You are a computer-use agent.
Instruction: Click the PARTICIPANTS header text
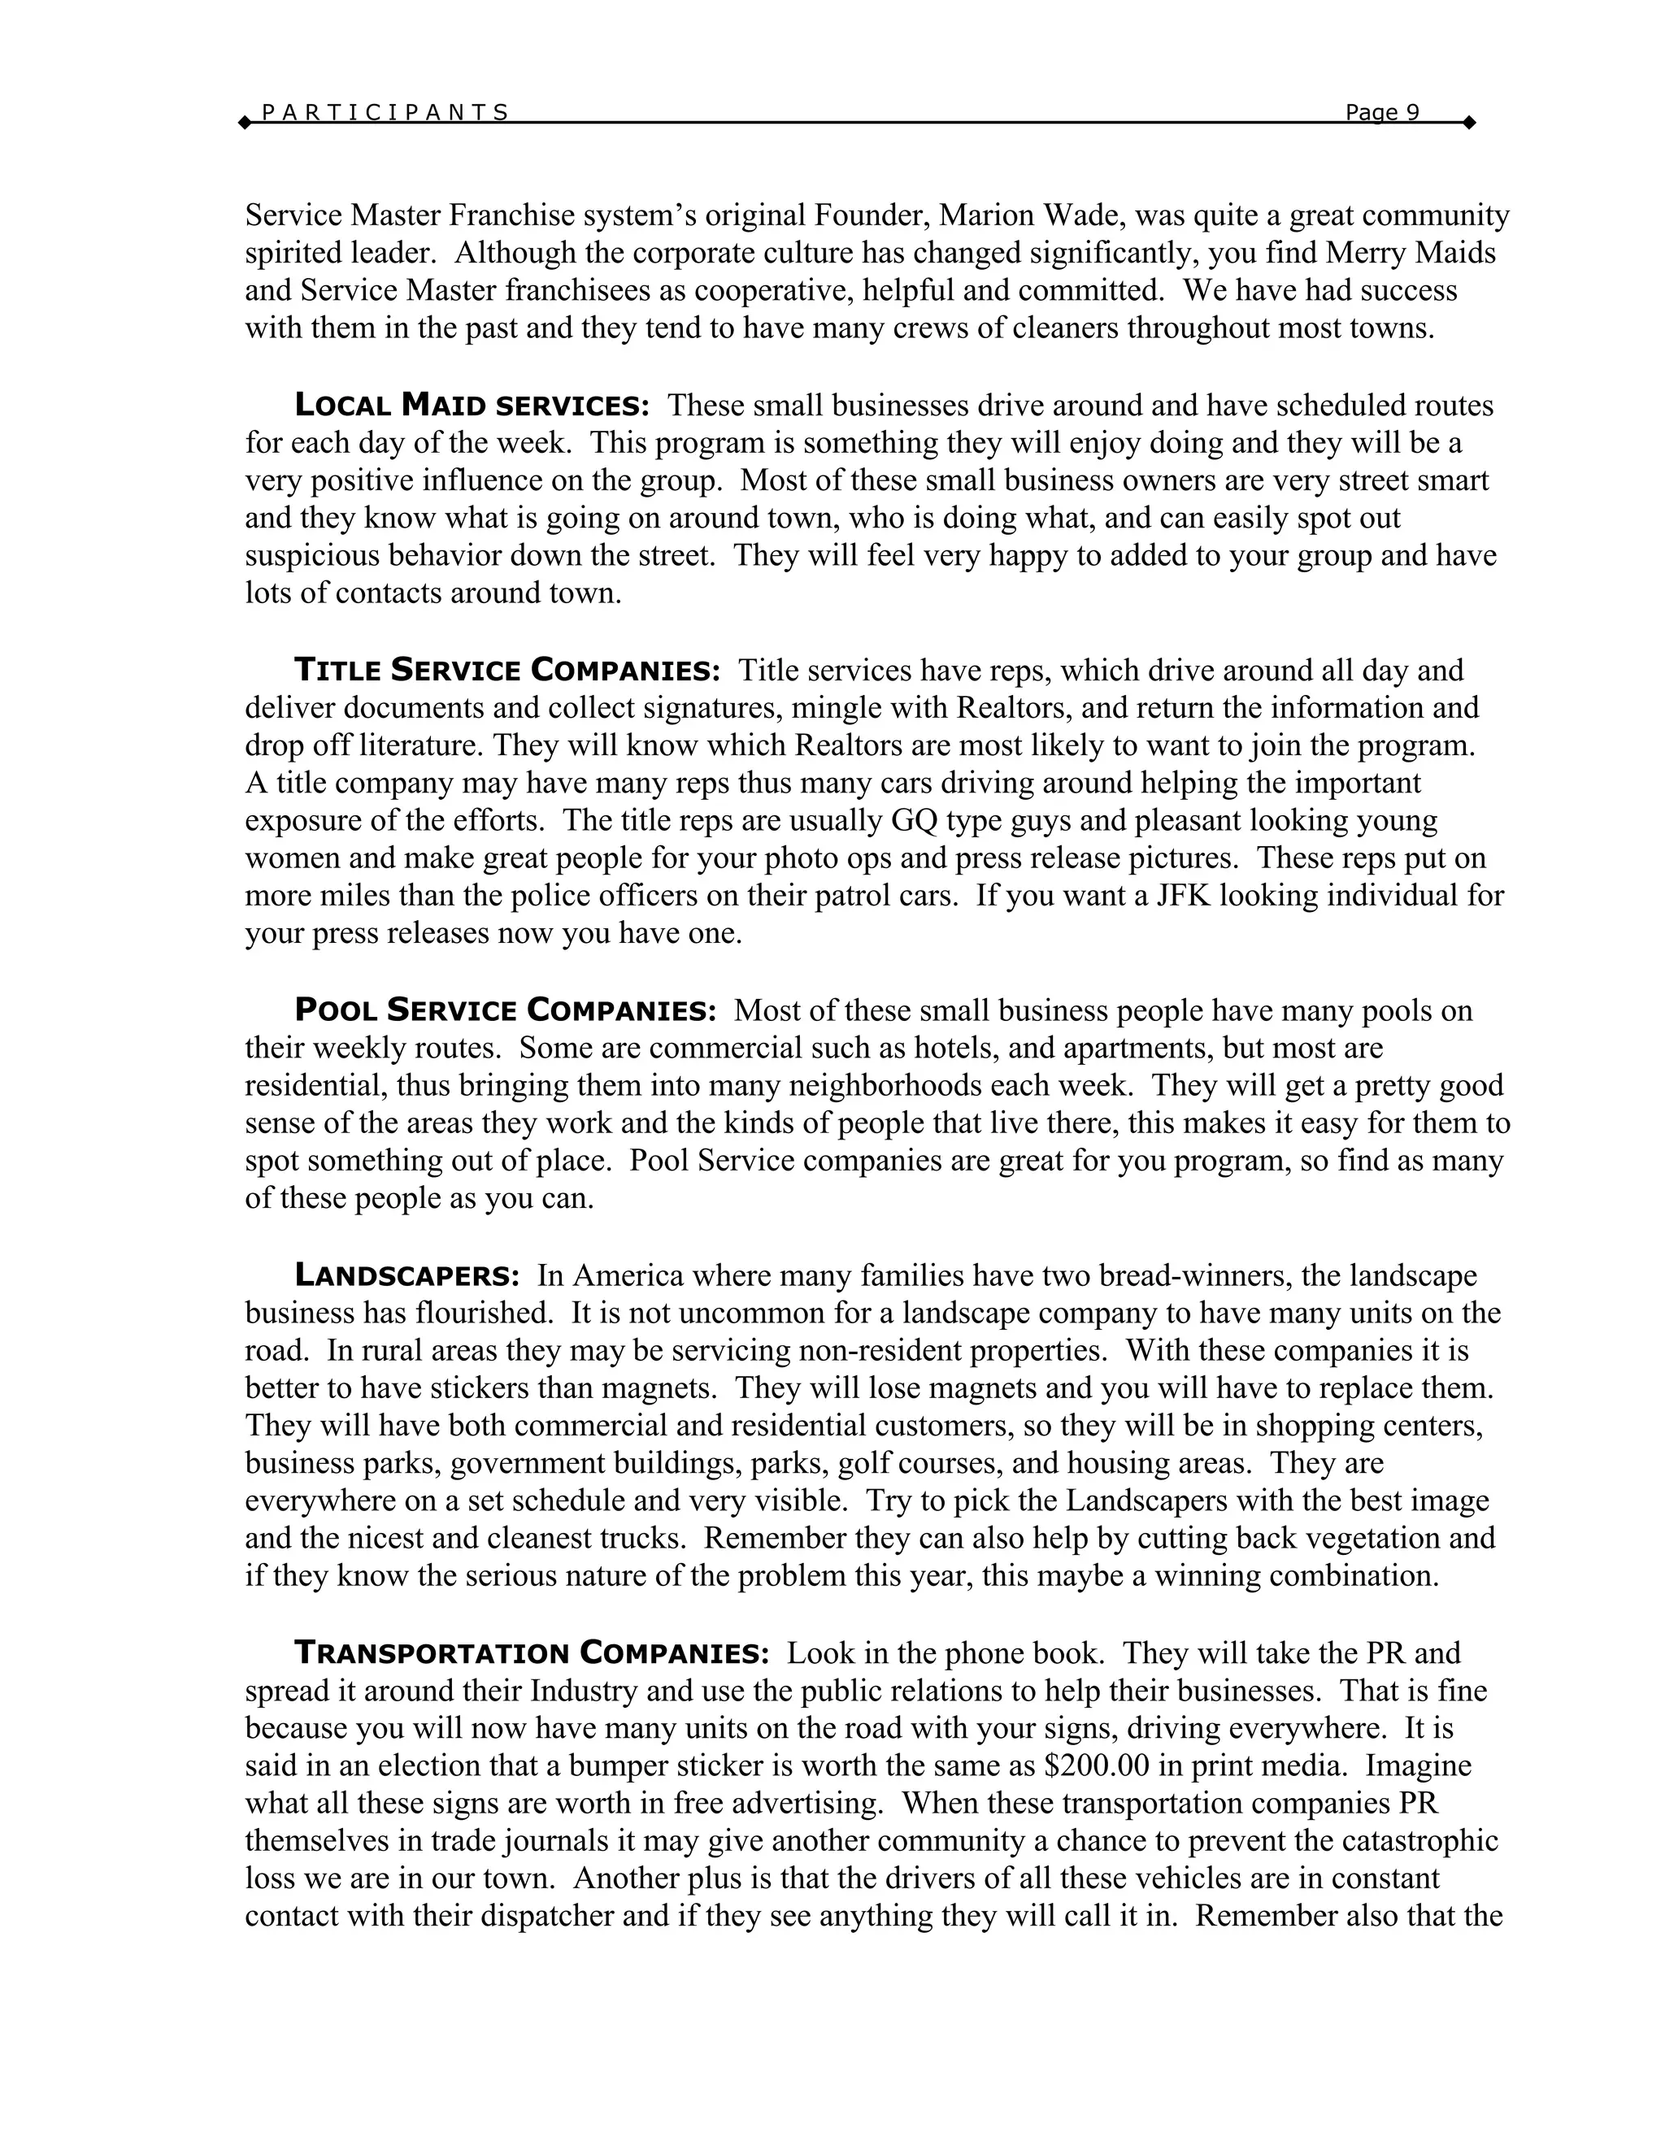pos(385,112)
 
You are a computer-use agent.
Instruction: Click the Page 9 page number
pos(1382,112)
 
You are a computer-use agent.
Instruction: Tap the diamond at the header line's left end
pos(245,124)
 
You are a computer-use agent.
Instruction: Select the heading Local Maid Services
pos(472,406)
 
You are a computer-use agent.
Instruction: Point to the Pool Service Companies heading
pos(505,1011)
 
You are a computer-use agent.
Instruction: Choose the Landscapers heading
pos(406,1276)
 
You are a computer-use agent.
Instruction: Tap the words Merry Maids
pos(1411,253)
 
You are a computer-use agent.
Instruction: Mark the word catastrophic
pos(1424,1841)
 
